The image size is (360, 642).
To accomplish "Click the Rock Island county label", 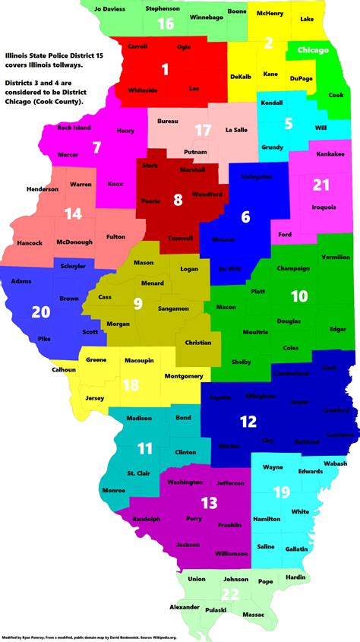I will click(x=74, y=128).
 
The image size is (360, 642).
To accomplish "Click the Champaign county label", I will click(x=293, y=268).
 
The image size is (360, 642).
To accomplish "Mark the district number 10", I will click(x=299, y=295).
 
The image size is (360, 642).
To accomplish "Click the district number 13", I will click(x=209, y=502).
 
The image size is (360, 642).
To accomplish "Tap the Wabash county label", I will click(x=333, y=463).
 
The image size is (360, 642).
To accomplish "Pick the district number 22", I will click(x=230, y=595).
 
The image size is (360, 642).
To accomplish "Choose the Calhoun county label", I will click(x=64, y=370).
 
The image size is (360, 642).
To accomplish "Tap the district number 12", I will click(x=248, y=421).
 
